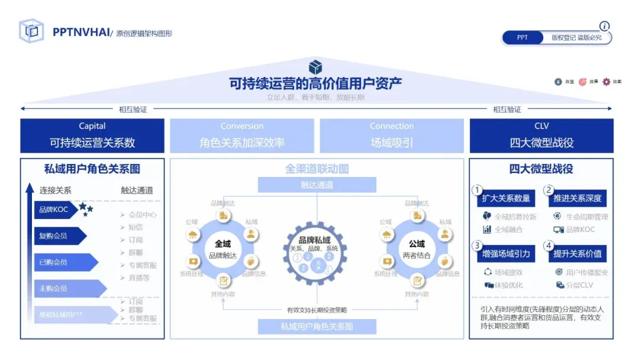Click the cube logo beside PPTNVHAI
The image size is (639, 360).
(31, 31)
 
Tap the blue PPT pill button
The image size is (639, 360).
(522, 37)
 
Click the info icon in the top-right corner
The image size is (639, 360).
(604, 26)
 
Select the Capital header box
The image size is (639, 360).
(92, 136)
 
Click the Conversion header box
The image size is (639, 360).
(242, 136)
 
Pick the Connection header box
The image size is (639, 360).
(392, 136)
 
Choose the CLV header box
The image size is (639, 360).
(541, 136)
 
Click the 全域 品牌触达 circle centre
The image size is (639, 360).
(223, 249)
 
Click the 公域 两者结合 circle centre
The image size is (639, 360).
(417, 249)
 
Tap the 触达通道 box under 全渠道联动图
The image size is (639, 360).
(317, 185)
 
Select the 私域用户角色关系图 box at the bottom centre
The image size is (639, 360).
(317, 326)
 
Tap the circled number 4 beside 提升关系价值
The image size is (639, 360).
(548, 245)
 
